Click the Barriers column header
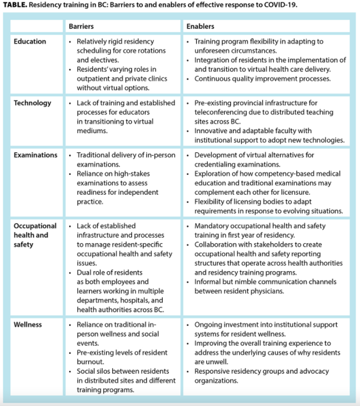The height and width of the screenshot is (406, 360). tap(80, 26)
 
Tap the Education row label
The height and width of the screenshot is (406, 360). tap(30, 41)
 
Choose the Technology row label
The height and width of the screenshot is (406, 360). tap(32, 103)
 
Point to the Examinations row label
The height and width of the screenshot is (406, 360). tap(35, 155)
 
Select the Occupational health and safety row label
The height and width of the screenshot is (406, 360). tap(35, 235)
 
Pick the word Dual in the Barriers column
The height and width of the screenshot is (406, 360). tap(85, 272)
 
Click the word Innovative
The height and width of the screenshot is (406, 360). tap(212, 131)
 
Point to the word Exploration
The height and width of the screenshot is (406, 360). tap(214, 174)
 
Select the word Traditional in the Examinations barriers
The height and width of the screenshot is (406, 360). tap(94, 155)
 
